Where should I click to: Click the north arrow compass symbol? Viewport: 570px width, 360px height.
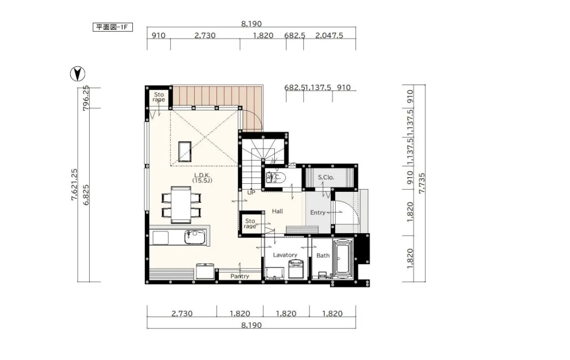[78, 74]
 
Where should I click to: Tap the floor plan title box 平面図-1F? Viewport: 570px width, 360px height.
[113, 27]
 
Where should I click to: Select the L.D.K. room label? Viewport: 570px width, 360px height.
[202, 178]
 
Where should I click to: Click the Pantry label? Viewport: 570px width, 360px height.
[240, 276]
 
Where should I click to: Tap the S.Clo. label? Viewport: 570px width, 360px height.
[326, 177]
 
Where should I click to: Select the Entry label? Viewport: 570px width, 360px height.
[318, 213]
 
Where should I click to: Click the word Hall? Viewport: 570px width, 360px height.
[277, 211]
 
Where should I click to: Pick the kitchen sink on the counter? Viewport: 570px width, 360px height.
[195, 237]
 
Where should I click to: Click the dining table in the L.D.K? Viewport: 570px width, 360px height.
[181, 205]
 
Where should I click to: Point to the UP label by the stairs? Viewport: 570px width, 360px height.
[251, 192]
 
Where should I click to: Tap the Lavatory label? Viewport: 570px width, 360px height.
[285, 255]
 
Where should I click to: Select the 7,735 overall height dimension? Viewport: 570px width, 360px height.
[421, 183]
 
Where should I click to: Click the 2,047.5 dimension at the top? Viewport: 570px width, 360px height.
[329, 36]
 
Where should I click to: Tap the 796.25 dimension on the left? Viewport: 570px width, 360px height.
[86, 98]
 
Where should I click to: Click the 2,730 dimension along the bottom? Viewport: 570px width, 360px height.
[182, 313]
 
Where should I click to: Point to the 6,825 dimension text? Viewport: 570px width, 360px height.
[86, 195]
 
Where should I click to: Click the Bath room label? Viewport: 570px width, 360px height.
[323, 256]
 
